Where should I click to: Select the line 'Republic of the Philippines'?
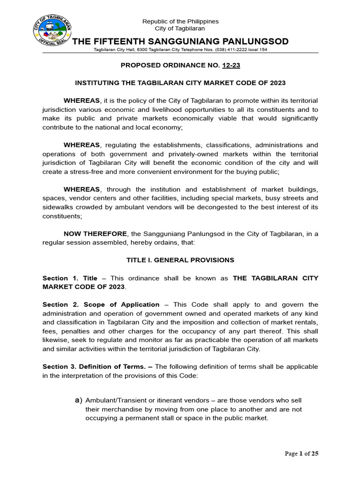pyautogui.click(x=180, y=22)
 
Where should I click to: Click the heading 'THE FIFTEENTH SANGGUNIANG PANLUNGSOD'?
pyautogui.click(x=180, y=42)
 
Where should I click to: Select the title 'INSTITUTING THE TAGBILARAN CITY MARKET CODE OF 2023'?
pyautogui.click(x=180, y=83)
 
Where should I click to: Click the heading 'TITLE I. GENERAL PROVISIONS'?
pyautogui.click(x=180, y=260)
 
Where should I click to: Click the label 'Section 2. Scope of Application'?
pyautogui.click(x=101, y=304)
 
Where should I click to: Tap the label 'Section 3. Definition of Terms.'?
pyautogui.click(x=97, y=366)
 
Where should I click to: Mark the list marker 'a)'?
pyautogui.click(x=78, y=400)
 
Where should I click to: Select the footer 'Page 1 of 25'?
pyautogui.click(x=302, y=454)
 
